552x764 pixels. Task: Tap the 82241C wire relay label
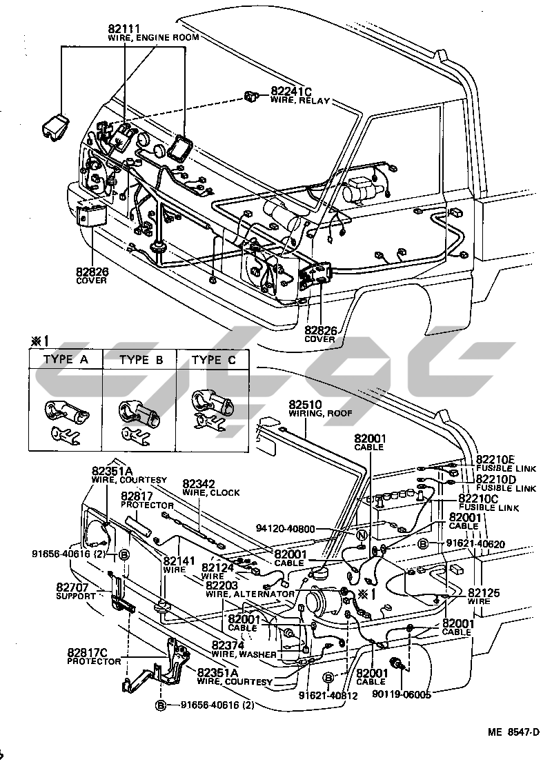click(x=291, y=92)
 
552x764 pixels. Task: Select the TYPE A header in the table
click(x=66, y=360)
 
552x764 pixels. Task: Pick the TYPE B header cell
click(x=140, y=360)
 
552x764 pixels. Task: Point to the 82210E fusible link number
click(x=496, y=459)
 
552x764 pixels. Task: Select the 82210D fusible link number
click(x=496, y=479)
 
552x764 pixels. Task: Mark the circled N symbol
click(x=361, y=536)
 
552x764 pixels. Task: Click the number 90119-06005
click(x=403, y=694)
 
